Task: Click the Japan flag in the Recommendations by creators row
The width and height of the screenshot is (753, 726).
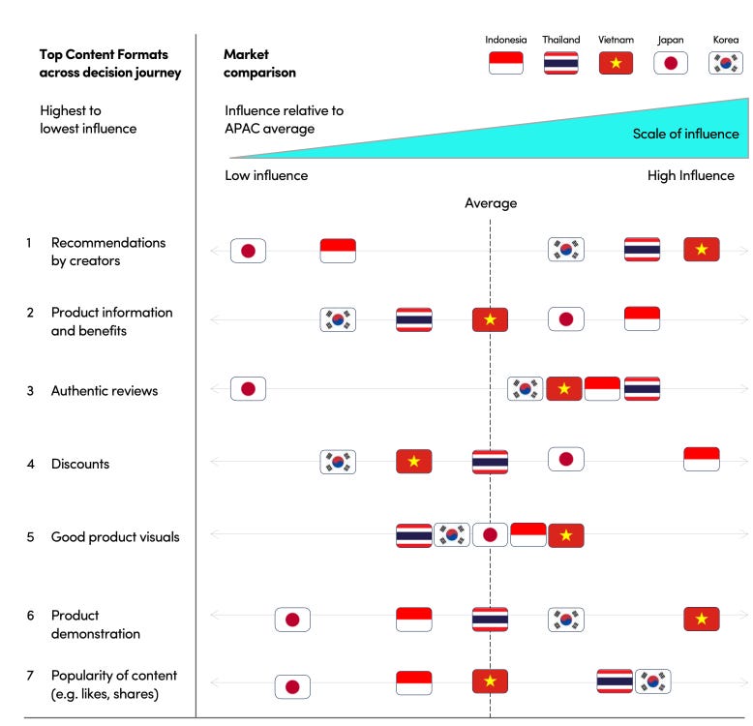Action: pyautogui.click(x=248, y=251)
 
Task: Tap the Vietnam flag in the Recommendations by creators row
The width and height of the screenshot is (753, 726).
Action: pyautogui.click(x=702, y=250)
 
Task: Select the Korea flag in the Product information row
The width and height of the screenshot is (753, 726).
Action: pyautogui.click(x=338, y=319)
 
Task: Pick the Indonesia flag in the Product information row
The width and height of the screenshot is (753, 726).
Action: pyautogui.click(x=642, y=318)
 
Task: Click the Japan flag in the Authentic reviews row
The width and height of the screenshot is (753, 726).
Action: pyautogui.click(x=248, y=389)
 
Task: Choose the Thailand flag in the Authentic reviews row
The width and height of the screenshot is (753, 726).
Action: pyautogui.click(x=642, y=389)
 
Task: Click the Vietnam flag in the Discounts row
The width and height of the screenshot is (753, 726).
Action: pyautogui.click(x=414, y=462)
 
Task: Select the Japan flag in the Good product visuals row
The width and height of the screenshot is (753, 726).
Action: pyautogui.click(x=490, y=535)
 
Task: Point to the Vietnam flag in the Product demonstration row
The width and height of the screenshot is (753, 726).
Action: pyautogui.click(x=702, y=619)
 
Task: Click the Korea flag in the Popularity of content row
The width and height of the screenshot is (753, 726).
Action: pyautogui.click(x=652, y=681)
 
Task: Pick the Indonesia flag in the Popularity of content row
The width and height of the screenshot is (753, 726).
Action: pyautogui.click(x=414, y=682)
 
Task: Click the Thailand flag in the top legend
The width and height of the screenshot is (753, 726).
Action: pyautogui.click(x=560, y=63)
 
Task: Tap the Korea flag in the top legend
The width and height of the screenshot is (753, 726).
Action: pyautogui.click(x=725, y=63)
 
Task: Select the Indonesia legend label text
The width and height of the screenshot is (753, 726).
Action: pyautogui.click(x=506, y=40)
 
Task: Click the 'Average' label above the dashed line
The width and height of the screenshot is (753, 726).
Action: pyautogui.click(x=491, y=203)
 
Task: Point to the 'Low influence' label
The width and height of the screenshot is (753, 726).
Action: pyautogui.click(x=266, y=175)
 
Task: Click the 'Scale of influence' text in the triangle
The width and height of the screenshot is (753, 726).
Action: pyautogui.click(x=685, y=134)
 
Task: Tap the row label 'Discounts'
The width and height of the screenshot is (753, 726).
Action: pyautogui.click(x=80, y=464)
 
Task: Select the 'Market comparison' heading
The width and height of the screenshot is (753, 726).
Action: pyautogui.click(x=259, y=63)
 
